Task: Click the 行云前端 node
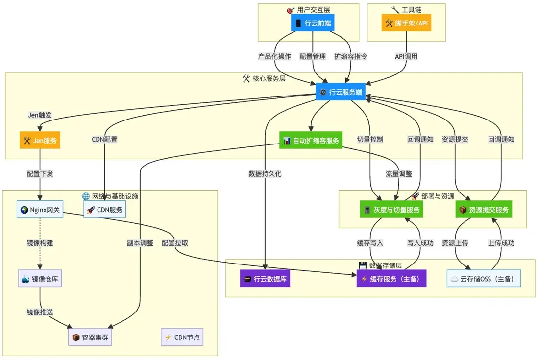(313, 23)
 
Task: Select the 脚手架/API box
(406, 23)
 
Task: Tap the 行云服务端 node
(340, 92)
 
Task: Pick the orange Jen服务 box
(40, 141)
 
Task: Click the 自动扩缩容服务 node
(311, 141)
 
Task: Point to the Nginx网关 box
(40, 210)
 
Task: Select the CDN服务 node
(105, 210)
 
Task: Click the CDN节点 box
(182, 337)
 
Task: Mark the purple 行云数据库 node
(265, 279)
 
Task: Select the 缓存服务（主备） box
(391, 279)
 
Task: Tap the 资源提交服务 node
(484, 210)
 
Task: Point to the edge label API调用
(406, 56)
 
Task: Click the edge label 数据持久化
(265, 174)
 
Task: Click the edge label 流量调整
(398, 174)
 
